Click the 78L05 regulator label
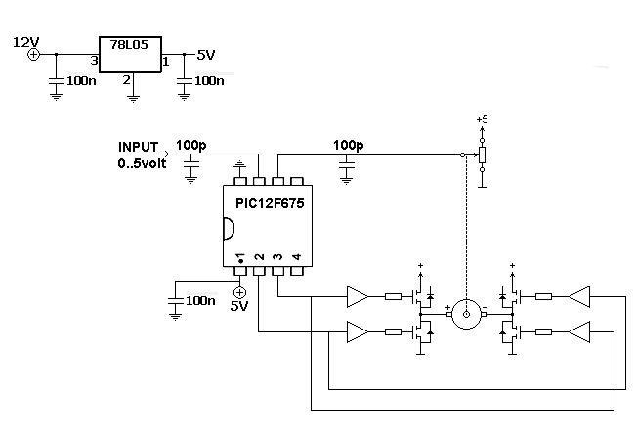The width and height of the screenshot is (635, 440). point(129,45)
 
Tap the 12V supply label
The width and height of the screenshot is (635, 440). point(26,42)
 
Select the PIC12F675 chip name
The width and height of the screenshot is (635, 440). point(270,203)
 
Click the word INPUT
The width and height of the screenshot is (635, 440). point(138,147)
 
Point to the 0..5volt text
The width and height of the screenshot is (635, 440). point(143,163)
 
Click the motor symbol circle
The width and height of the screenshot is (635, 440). point(466,314)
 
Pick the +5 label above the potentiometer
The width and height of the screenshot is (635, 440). point(482,119)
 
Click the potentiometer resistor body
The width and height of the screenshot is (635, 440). point(482,154)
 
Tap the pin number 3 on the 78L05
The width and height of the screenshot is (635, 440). point(94,61)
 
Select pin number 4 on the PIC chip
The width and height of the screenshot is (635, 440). point(297,256)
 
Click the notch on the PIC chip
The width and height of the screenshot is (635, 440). point(229,229)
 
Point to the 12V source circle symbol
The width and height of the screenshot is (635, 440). point(33,55)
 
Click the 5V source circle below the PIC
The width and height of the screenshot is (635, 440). point(240,292)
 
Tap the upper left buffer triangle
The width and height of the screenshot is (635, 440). point(358,297)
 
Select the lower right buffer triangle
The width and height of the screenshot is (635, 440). point(579,332)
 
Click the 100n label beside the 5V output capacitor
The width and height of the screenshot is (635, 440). point(209,81)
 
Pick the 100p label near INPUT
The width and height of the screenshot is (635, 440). point(190,145)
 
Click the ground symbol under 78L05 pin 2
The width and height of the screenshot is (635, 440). point(133,99)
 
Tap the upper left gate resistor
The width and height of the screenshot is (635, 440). point(393,297)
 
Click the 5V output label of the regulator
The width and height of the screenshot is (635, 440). point(206,55)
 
